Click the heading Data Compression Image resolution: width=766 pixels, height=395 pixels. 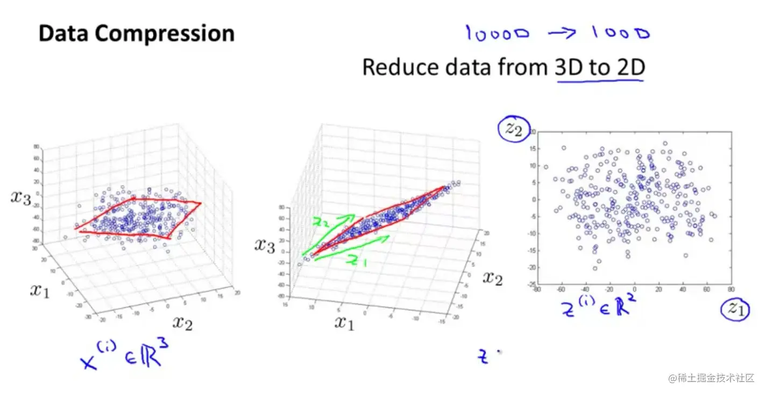137,34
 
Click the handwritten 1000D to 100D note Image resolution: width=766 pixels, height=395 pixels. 557,33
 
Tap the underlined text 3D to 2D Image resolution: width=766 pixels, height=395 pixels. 599,68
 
